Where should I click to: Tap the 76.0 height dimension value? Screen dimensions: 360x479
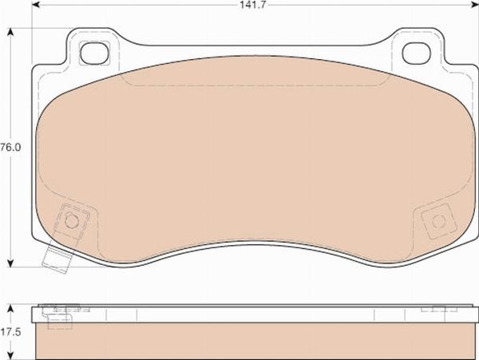(10, 148)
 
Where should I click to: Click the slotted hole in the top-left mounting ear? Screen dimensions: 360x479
(95, 53)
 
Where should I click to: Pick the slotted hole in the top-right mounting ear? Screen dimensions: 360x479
(416, 53)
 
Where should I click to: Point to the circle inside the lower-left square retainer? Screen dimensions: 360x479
(72, 221)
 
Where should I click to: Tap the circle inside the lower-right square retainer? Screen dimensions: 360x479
(437, 221)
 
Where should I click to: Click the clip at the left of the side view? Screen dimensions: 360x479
(57, 315)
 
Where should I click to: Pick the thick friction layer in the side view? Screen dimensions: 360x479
(255, 339)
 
